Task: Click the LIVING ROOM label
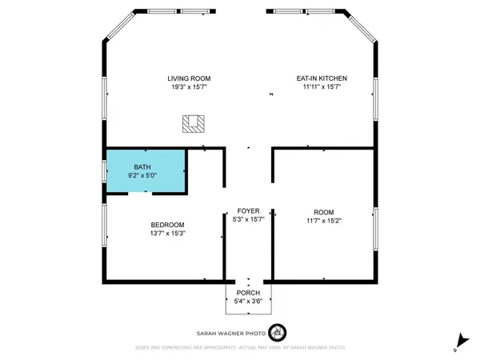[x=189, y=78]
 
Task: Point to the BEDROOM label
[x=168, y=225]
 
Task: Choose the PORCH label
[x=247, y=293]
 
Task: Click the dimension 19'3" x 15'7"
[x=189, y=88]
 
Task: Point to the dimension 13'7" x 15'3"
[x=168, y=234]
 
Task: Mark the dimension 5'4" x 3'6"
[x=247, y=301]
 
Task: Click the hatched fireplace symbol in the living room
[x=193, y=123]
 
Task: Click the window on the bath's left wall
[x=104, y=170]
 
